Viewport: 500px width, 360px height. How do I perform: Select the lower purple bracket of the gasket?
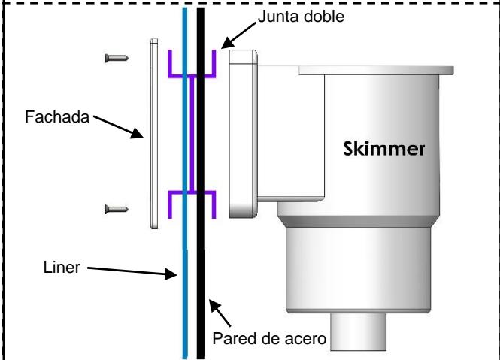coord(192,201)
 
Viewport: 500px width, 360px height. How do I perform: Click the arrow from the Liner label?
coord(132,273)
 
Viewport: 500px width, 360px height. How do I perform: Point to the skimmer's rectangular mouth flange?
coord(241,132)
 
